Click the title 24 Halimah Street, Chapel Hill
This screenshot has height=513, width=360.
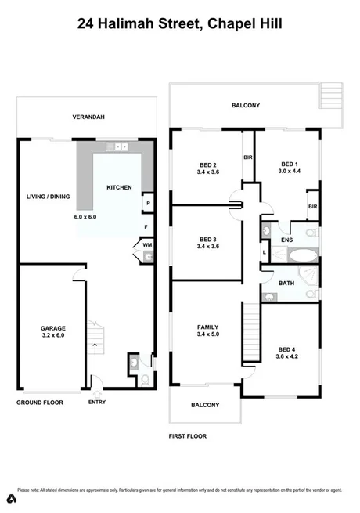click(x=180, y=24)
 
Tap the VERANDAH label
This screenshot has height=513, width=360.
click(x=88, y=117)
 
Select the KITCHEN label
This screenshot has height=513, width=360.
click(x=119, y=187)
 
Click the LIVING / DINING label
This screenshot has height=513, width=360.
click(x=49, y=197)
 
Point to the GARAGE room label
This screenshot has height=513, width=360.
click(x=53, y=328)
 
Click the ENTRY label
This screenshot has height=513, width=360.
click(x=97, y=403)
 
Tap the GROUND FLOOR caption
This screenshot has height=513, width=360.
click(x=39, y=403)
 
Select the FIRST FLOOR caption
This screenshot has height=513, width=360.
click(x=188, y=435)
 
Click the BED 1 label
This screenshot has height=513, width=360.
click(x=290, y=164)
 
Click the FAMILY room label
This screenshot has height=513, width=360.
click(x=207, y=327)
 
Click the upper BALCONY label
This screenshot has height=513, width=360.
click(x=245, y=105)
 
